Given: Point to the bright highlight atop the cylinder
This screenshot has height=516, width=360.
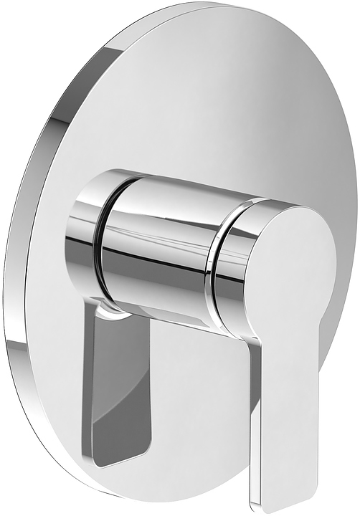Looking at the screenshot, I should tap(172, 188).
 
